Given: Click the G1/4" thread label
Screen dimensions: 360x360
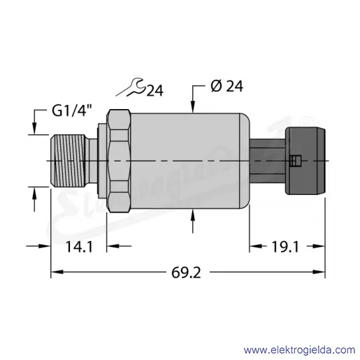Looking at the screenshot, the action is click(71, 110).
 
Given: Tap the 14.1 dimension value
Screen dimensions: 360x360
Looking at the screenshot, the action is click(79, 247).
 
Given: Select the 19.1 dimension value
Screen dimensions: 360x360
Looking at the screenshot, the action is click(285, 247).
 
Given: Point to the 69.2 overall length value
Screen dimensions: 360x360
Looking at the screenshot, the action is click(186, 273).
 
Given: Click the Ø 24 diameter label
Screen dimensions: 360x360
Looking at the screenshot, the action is click(226, 86).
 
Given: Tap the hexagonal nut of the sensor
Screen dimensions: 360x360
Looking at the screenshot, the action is click(118, 161).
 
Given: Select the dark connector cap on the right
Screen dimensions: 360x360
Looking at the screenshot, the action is click(305, 161).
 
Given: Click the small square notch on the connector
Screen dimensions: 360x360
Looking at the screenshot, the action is click(296, 161).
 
